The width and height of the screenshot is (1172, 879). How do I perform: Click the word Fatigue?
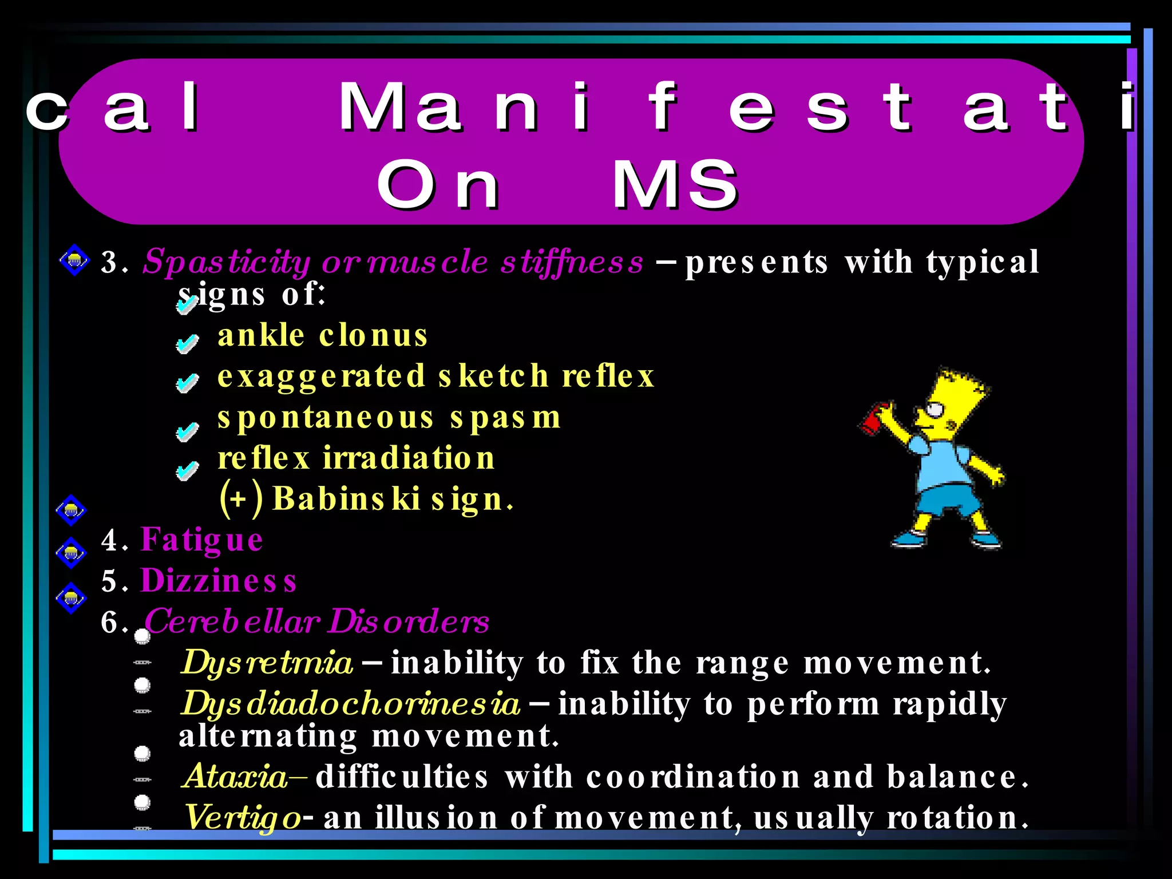(201, 540)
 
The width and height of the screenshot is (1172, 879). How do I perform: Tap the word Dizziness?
(218, 581)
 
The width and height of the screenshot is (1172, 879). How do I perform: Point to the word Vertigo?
(243, 817)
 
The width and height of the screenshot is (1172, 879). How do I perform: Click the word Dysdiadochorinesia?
(351, 703)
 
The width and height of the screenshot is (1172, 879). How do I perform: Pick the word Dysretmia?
(267, 663)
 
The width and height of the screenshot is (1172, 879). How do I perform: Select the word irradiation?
(409, 458)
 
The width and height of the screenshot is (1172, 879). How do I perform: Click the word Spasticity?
(226, 262)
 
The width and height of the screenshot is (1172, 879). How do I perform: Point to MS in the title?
(675, 184)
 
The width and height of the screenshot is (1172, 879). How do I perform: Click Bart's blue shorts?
(944, 501)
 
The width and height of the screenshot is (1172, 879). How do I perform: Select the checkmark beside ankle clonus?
(187, 343)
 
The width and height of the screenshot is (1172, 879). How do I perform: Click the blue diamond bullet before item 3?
(74, 260)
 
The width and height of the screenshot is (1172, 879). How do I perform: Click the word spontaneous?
(326, 417)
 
